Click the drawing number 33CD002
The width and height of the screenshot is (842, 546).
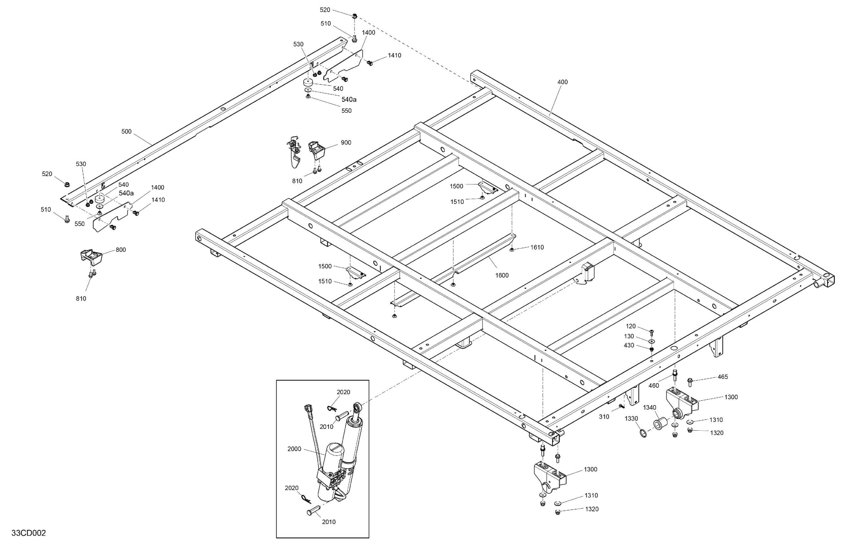[29, 533]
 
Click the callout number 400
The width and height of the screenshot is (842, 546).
[562, 82]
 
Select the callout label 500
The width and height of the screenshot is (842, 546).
[126, 132]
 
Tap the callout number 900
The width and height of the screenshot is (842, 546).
[346, 143]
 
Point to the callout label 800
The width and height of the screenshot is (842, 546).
[121, 250]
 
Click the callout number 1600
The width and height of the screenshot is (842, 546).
[502, 275]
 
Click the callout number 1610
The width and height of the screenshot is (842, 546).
[537, 247]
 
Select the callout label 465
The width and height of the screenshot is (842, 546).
[723, 377]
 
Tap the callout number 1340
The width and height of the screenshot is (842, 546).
[649, 408]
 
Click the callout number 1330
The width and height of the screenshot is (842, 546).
[631, 418]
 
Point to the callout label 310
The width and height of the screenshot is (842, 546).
[604, 417]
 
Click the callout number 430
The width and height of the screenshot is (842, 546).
[629, 345]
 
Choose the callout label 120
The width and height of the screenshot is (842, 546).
[630, 326]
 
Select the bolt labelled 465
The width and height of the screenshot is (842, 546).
[689, 382]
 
